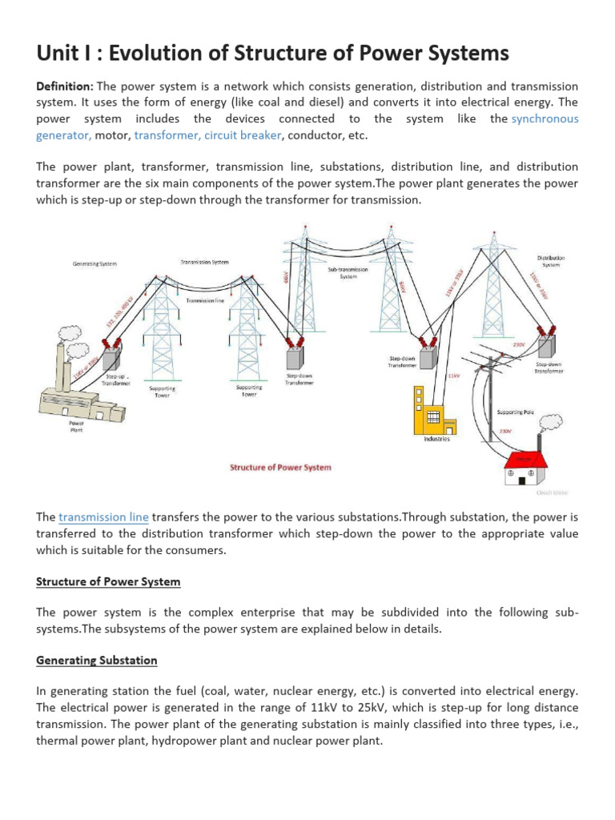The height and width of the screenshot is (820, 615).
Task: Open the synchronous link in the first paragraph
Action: click(x=545, y=119)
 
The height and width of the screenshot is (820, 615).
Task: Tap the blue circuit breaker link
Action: click(x=243, y=135)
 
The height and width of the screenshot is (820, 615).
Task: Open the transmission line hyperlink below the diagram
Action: click(x=103, y=517)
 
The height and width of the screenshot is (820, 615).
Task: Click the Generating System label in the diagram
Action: click(x=94, y=263)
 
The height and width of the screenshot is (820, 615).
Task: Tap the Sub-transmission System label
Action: click(x=348, y=273)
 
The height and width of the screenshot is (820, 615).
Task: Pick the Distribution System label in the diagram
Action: click(x=551, y=261)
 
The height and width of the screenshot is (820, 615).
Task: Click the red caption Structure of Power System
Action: click(x=280, y=467)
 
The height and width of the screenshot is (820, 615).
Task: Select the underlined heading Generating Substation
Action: click(x=96, y=661)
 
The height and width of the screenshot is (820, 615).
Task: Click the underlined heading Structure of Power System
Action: click(x=108, y=581)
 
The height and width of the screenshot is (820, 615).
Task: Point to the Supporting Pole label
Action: click(x=516, y=412)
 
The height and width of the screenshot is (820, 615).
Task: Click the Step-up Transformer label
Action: click(x=115, y=380)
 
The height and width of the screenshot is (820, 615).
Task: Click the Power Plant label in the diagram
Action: click(x=77, y=427)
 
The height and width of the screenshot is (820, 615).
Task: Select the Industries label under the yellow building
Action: click(x=437, y=439)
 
